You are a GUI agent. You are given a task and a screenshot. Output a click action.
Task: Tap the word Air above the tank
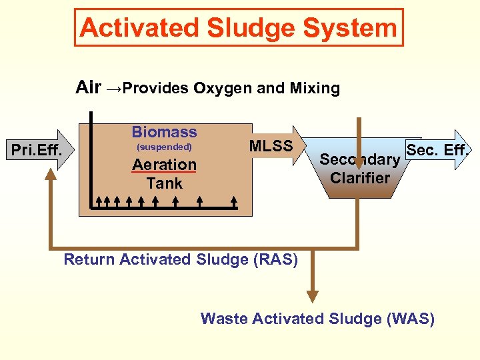(89, 87)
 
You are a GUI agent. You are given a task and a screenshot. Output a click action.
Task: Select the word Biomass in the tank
(164, 132)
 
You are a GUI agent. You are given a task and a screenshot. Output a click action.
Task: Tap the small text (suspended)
(164, 147)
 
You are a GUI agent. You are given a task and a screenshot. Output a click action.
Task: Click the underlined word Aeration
(164, 164)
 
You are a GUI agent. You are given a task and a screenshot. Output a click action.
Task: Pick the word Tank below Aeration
(164, 183)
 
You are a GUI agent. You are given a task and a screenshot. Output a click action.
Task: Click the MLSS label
(271, 146)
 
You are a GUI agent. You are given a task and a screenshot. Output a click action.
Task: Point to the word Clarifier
(360, 178)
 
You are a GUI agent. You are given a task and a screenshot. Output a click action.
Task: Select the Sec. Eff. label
(437, 150)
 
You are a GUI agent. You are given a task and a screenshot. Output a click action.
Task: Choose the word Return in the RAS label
(89, 259)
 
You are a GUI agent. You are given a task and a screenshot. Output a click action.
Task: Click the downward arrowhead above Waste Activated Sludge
(312, 297)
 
